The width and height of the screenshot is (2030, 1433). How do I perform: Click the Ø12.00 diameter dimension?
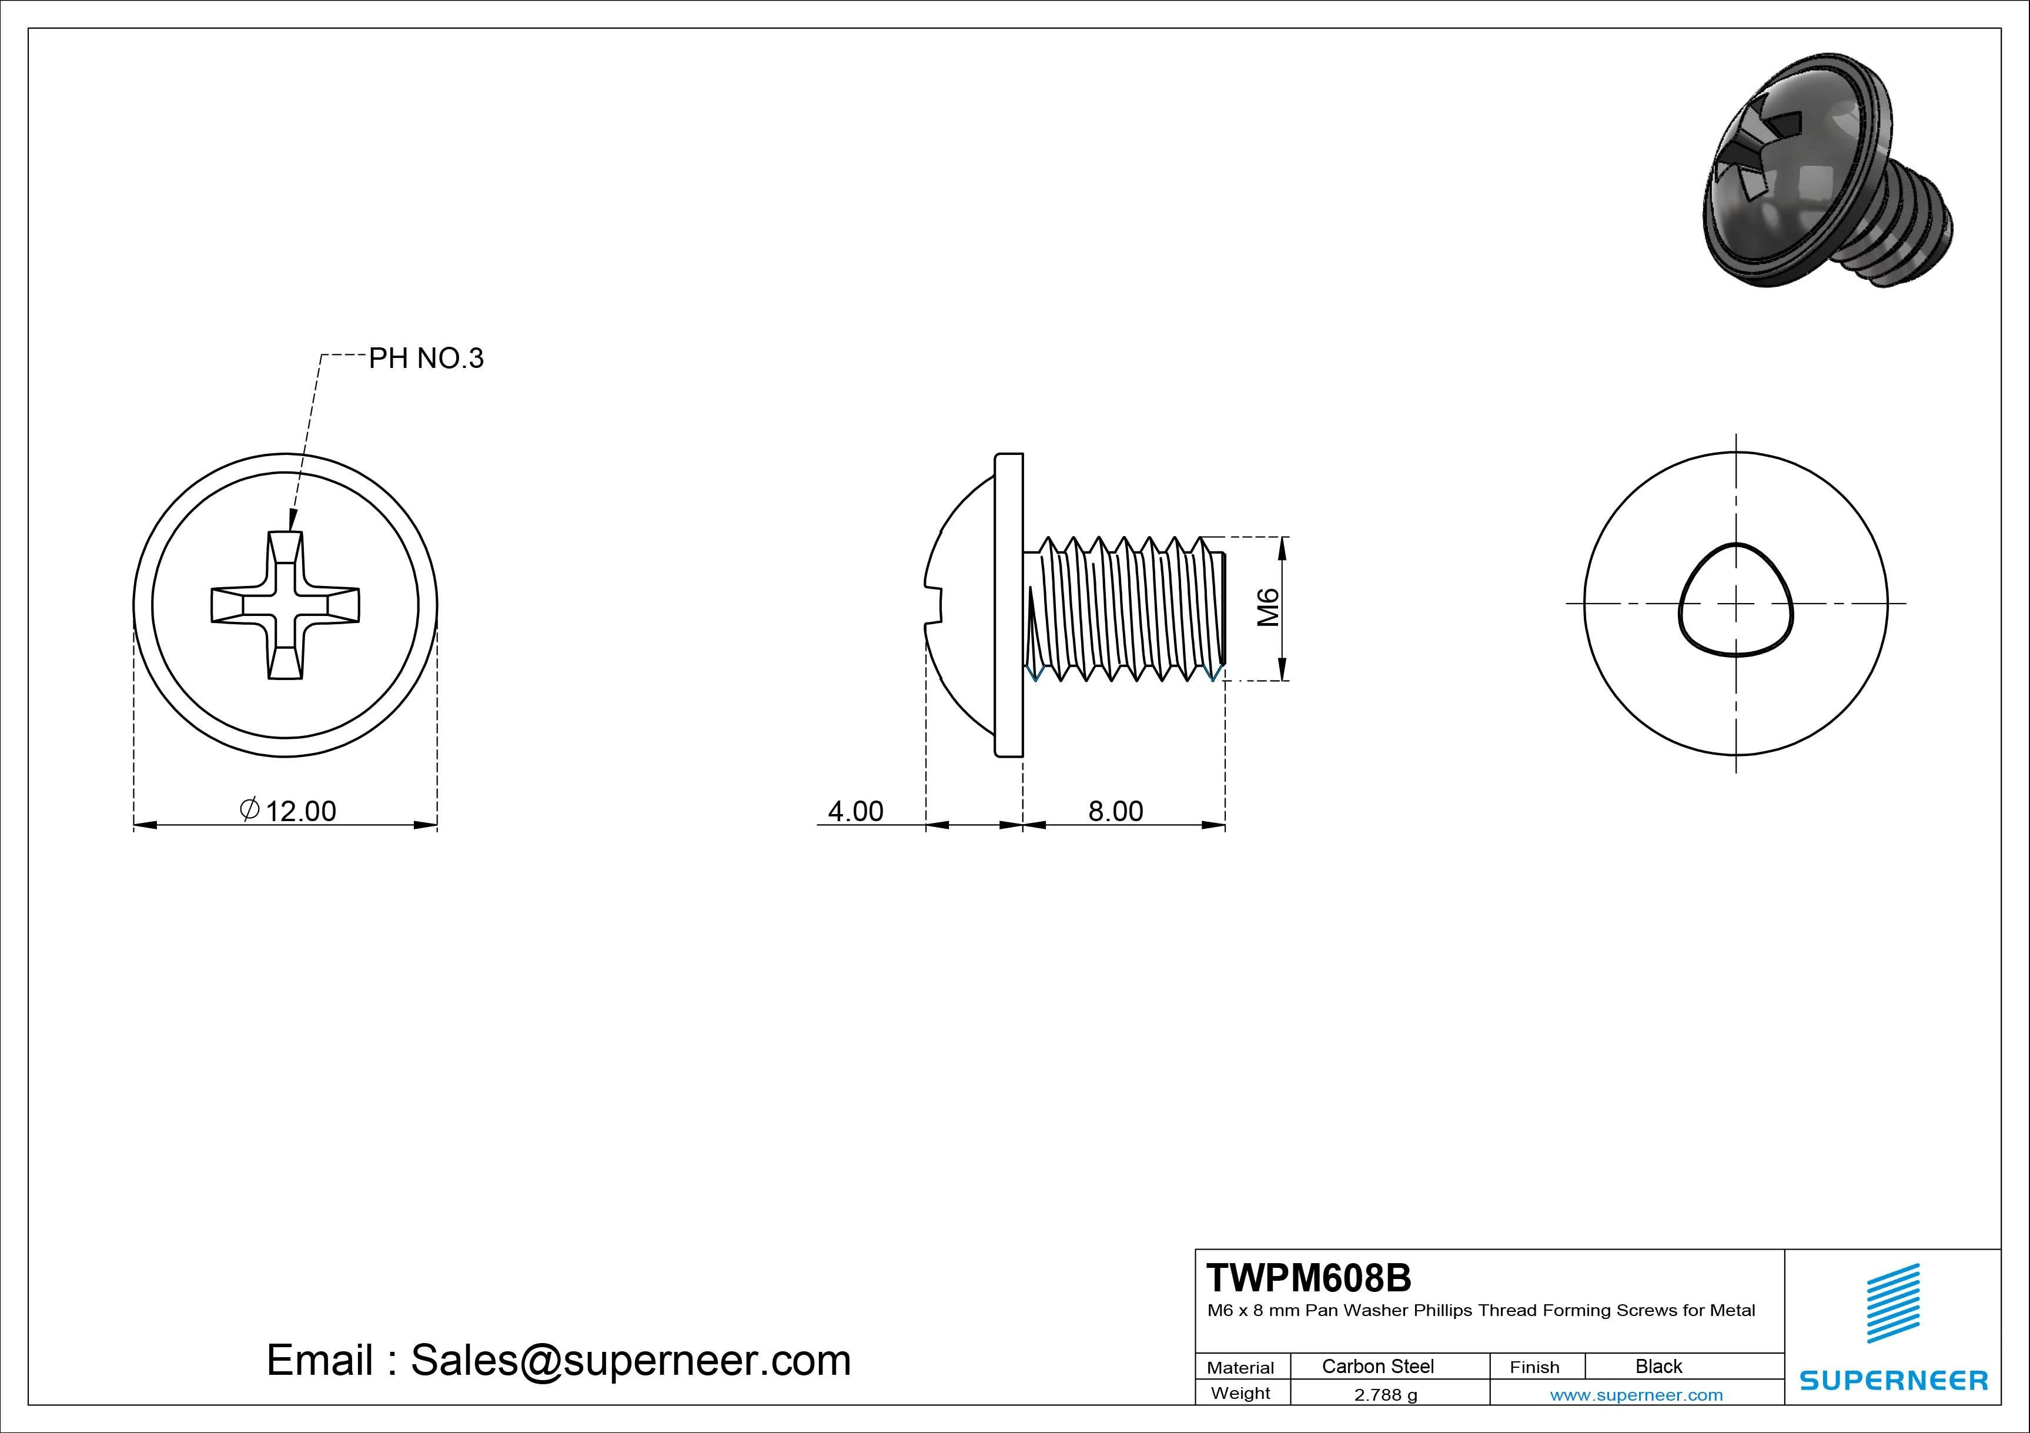(x=289, y=810)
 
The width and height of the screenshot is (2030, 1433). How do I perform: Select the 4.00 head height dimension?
(x=855, y=811)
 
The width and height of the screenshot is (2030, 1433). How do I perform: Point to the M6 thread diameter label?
(x=1269, y=607)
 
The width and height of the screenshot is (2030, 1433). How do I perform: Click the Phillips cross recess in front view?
(x=285, y=605)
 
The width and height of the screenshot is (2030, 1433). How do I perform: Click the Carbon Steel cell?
(x=1377, y=1366)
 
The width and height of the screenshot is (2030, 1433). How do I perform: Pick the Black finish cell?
(x=1658, y=1366)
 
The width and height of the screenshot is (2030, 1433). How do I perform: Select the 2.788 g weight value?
(x=1386, y=1395)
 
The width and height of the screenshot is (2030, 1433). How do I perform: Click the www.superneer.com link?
(x=1637, y=1395)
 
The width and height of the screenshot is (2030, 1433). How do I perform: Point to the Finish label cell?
(x=1535, y=1367)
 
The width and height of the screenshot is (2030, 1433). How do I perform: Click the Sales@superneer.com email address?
(x=630, y=1360)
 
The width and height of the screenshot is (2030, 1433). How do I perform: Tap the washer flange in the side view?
(x=1009, y=605)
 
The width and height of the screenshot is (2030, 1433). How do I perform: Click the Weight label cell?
(x=1240, y=1393)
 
